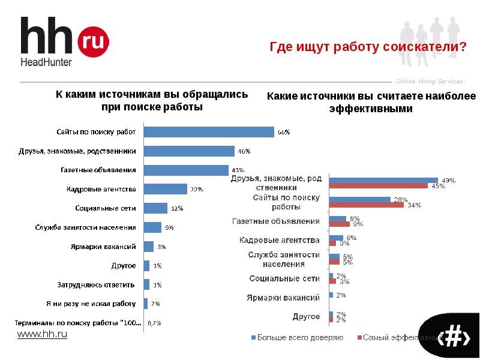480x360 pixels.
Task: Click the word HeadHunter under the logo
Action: click(46, 62)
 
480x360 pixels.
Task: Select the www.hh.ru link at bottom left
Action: click(42, 334)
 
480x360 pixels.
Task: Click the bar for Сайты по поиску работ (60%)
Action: click(209, 132)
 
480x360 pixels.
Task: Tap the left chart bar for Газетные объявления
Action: click(186, 170)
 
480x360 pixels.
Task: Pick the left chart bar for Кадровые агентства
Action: click(166, 189)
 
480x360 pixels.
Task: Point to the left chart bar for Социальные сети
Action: click(155, 208)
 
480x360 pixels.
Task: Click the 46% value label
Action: click(244, 151)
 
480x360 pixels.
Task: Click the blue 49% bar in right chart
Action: click(383, 180)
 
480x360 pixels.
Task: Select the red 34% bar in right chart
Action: click(367, 205)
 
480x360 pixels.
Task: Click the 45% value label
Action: click(439, 186)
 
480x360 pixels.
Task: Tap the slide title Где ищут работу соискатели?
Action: click(368, 47)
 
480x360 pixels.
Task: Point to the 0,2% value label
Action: click(154, 323)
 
